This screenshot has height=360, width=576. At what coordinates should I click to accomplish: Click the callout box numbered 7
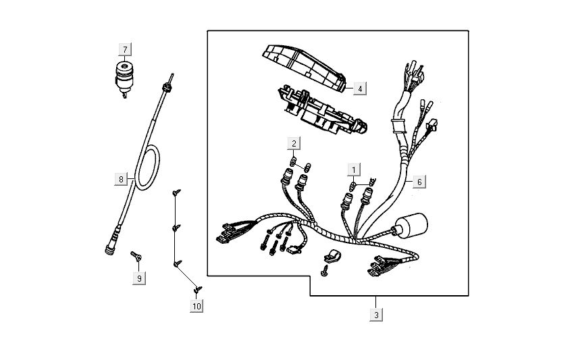click(x=125, y=49)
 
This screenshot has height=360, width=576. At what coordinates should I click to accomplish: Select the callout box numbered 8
click(x=121, y=179)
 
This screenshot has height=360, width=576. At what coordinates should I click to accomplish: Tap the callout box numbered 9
click(x=139, y=278)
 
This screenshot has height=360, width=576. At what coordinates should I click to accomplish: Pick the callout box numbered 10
click(x=197, y=306)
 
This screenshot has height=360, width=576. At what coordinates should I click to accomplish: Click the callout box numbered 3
click(x=376, y=315)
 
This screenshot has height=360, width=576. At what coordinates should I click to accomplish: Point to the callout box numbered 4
click(x=360, y=88)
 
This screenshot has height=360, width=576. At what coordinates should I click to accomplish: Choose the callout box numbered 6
click(x=419, y=182)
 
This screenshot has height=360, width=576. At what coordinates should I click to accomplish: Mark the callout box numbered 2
click(x=294, y=143)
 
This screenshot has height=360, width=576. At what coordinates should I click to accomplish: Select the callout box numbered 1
click(x=354, y=170)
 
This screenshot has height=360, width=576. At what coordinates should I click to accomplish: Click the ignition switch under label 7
click(x=124, y=79)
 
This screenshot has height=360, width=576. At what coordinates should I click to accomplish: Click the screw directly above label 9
click(x=136, y=256)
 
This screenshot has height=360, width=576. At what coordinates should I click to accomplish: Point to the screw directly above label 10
click(x=198, y=289)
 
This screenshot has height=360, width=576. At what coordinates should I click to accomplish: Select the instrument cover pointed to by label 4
click(x=304, y=68)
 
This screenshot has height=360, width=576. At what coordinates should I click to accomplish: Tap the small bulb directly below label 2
click(x=293, y=161)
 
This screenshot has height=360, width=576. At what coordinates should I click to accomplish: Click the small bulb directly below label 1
click(x=352, y=186)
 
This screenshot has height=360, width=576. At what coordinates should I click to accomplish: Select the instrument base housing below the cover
click(x=322, y=111)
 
